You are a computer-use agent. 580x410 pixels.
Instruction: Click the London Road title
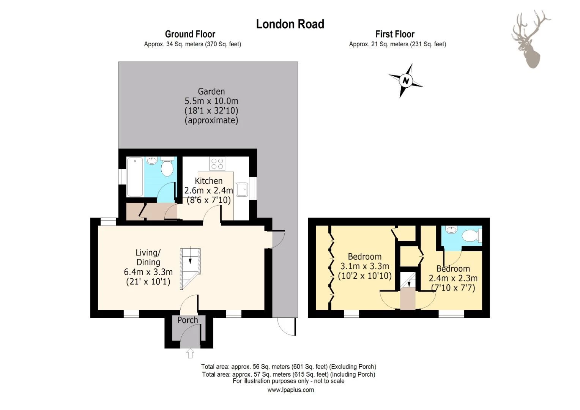point(290,24)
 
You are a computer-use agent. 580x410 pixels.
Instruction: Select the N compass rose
point(405,80)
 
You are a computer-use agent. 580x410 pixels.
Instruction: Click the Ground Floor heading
point(190,34)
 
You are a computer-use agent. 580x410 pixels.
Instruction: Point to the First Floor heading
point(395,34)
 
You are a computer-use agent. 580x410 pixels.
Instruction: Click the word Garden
point(211,91)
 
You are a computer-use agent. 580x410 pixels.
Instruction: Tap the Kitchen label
point(208,181)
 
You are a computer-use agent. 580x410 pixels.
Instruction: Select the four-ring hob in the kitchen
point(217,163)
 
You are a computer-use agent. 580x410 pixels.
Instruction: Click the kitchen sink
point(242,189)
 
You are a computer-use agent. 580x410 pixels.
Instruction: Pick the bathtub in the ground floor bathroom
point(135,177)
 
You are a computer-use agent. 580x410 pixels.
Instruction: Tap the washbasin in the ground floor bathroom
point(151,160)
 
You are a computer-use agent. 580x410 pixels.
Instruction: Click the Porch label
point(188,320)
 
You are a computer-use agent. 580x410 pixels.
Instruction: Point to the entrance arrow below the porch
point(190,353)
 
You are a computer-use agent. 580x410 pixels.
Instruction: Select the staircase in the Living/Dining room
point(190,268)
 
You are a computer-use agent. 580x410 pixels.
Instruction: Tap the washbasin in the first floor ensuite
point(451,229)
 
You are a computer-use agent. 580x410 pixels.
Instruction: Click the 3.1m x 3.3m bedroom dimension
point(364,266)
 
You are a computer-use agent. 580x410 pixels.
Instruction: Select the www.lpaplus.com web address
point(290,390)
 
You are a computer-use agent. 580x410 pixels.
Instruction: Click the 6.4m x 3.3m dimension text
point(148,272)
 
